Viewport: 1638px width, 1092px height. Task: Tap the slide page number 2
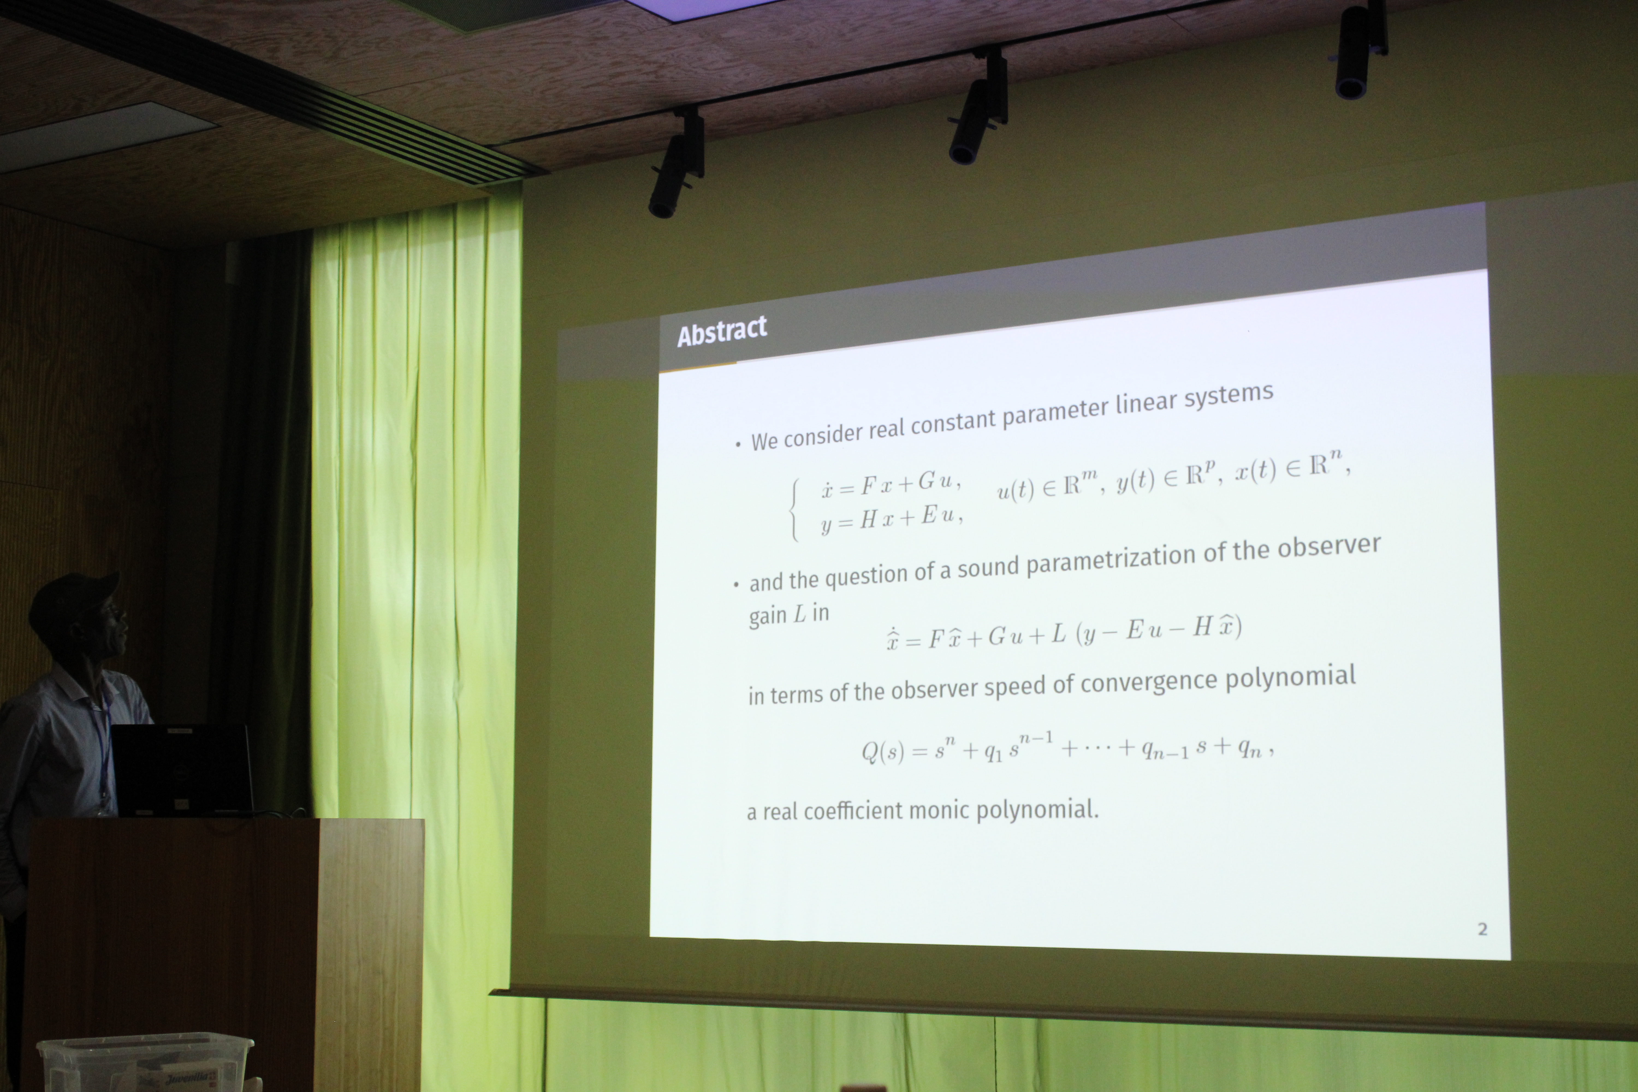click(x=1482, y=929)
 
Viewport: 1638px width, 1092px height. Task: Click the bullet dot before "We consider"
click(x=738, y=444)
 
